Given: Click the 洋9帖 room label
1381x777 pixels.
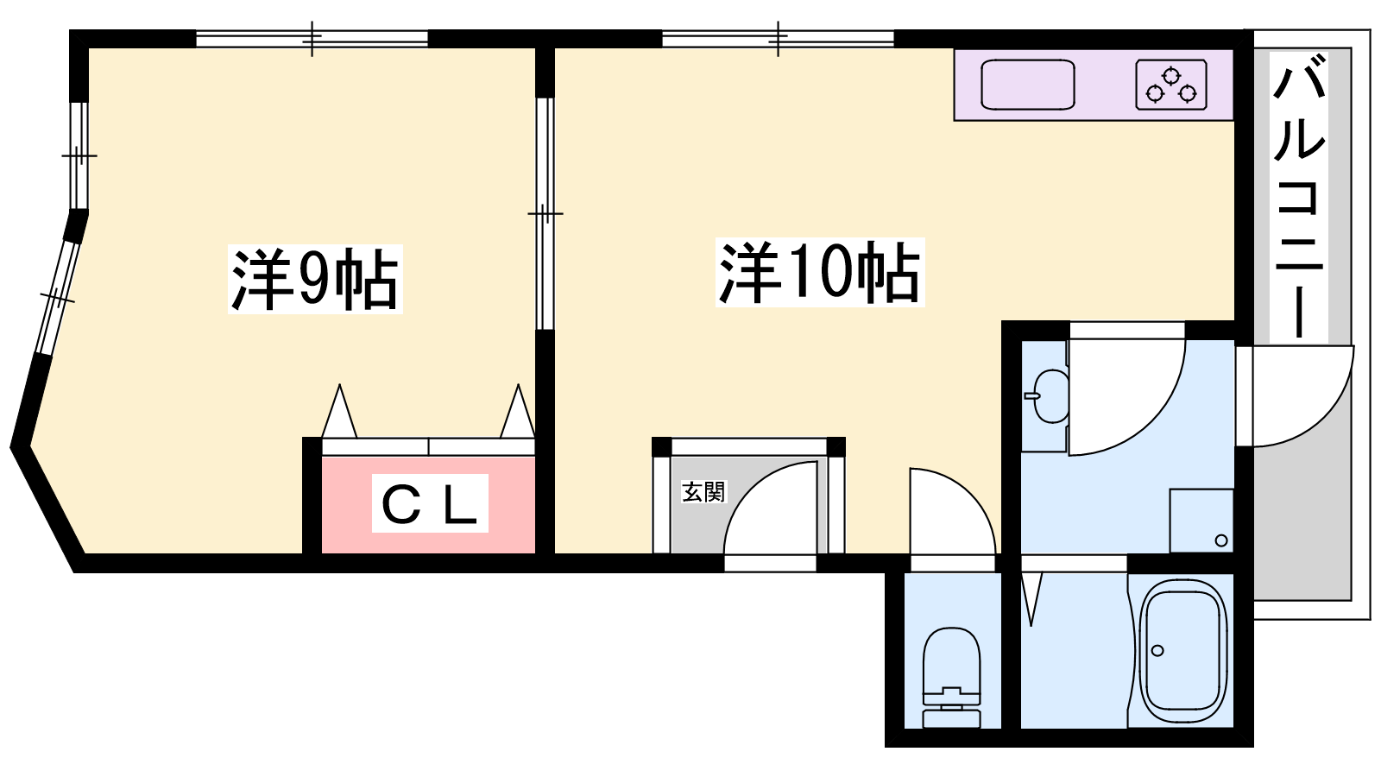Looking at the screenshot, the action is point(315,279).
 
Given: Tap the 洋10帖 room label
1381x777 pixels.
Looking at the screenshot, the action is point(820,272).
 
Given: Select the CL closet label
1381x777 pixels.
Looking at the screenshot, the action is point(430,502).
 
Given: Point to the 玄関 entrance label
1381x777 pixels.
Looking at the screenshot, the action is point(703,491).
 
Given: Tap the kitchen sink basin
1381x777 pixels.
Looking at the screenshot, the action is point(1027,85).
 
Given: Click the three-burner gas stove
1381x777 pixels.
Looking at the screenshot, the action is point(1170,85).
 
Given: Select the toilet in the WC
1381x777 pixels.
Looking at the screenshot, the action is point(951,677).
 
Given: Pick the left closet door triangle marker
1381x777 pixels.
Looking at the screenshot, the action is point(339,411).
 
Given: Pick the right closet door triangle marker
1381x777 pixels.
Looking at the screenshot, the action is point(517,411).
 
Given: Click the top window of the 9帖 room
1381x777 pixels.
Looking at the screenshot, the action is point(312,39).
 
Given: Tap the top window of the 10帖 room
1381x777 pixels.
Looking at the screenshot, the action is point(778,39).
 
